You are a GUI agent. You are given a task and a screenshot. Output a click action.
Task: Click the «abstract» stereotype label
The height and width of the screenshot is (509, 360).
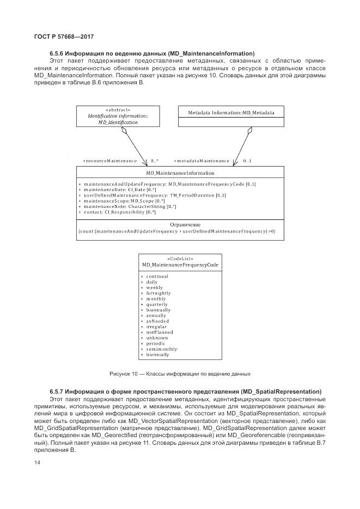[118, 109]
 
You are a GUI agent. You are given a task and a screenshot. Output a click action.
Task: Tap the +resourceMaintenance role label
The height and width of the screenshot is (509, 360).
[110, 161]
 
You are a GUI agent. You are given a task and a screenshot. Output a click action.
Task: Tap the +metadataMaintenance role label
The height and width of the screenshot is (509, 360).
[202, 161]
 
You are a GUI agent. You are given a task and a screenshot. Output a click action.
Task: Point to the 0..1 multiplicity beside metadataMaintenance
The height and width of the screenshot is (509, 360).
[247, 161]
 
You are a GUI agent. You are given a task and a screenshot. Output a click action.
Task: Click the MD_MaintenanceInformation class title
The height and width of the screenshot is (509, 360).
[180, 173]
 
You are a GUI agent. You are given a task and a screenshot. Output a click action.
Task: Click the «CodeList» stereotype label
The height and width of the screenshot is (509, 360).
[180, 259]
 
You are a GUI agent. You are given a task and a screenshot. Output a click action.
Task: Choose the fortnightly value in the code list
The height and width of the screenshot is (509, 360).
[158, 293]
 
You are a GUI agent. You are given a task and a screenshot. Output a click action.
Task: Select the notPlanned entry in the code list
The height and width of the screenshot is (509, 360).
[159, 332]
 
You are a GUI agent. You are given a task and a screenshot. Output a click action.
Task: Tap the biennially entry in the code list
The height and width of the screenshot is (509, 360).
[157, 354]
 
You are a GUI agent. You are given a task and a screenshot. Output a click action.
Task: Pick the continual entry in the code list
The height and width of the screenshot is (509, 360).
[157, 276]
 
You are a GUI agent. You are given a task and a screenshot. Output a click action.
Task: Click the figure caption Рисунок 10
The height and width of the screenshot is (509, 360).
[179, 374]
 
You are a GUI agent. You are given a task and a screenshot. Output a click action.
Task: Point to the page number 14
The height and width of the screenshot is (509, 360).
[38, 463]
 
